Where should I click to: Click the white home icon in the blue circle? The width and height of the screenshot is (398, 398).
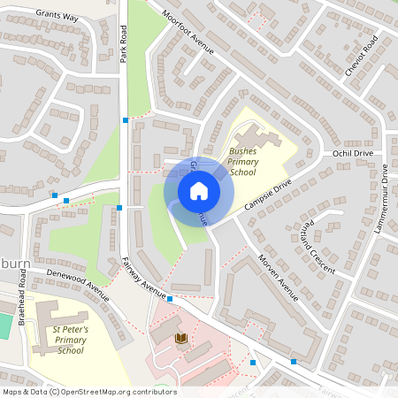(x=198, y=191)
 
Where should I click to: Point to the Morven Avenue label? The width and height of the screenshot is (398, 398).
(x=279, y=274)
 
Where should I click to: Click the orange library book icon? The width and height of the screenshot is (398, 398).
(x=182, y=339)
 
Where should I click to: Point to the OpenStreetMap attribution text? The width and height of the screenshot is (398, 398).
(x=88, y=392)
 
